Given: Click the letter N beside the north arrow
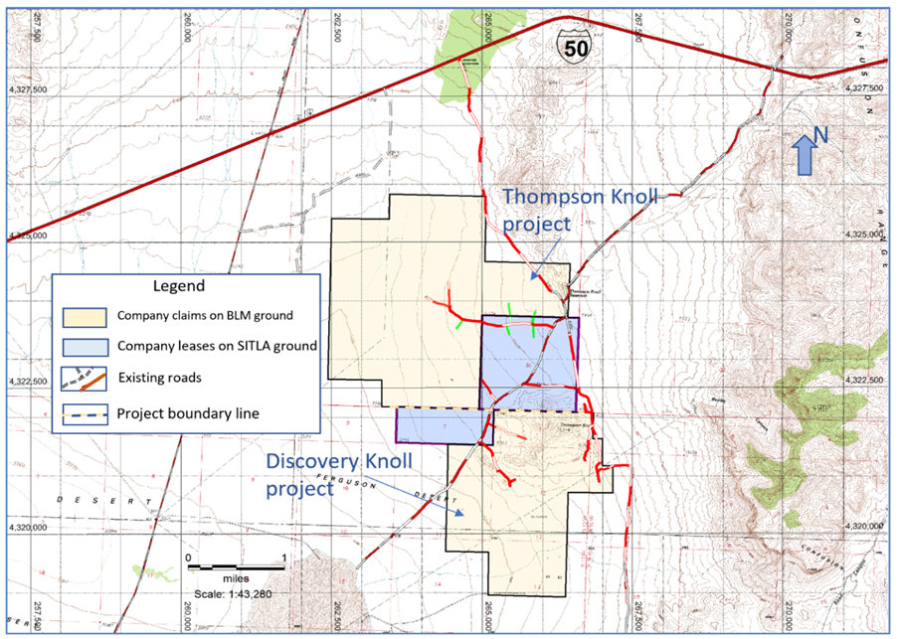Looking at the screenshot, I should click(x=821, y=134).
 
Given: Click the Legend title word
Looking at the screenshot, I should click(x=179, y=286).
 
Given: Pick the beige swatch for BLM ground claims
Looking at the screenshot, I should click(x=85, y=317).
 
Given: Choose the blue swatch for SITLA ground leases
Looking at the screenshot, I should click(x=85, y=347).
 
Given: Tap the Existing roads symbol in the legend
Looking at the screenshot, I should click(x=85, y=379).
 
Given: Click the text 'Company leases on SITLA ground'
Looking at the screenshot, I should click(x=217, y=347).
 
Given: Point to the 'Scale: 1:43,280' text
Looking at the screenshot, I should click(x=236, y=593).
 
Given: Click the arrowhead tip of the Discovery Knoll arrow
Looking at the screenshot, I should click(x=464, y=515).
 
